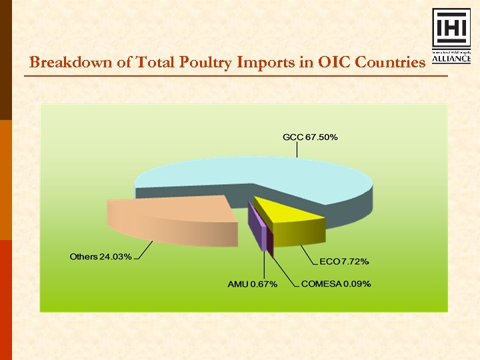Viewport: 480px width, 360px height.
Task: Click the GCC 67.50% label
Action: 310,137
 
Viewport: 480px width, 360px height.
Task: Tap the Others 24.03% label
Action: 101,257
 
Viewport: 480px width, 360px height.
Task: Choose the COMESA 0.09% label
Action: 336,284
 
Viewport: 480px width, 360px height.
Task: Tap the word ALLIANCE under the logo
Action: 451,58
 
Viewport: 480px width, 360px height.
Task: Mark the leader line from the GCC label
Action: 297,150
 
